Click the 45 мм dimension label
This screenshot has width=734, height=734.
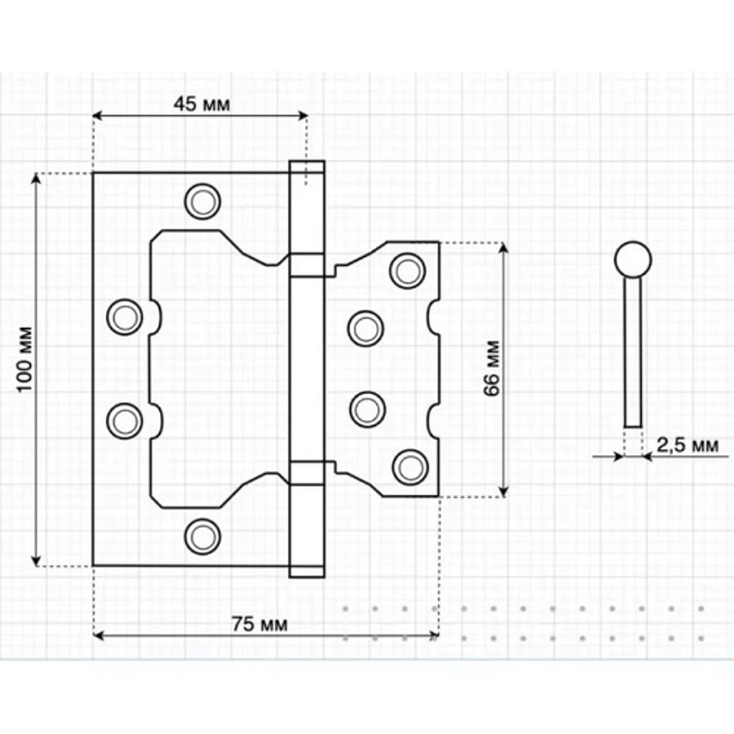201,104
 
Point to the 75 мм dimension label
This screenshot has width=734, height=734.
260,625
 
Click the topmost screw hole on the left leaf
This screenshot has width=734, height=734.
202,200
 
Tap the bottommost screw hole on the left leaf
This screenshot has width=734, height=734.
202,535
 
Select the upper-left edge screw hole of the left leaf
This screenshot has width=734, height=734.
124,317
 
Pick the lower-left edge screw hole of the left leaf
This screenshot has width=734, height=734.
124,420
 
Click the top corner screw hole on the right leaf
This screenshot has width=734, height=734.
407,270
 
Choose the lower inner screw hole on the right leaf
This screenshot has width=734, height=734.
366,409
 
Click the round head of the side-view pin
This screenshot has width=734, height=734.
632,259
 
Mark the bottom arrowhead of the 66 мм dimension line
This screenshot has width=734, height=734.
504,491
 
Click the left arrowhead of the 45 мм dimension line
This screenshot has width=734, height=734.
99,115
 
